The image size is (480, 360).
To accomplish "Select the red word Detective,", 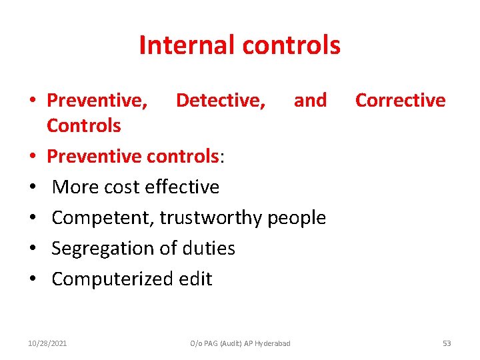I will pos(220,100).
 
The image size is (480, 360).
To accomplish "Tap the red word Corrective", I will pos(400,100).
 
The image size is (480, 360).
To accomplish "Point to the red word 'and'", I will pos(310,100).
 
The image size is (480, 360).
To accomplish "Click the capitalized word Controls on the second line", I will pos(83,125).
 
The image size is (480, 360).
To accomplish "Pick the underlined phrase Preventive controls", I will pos(133,156).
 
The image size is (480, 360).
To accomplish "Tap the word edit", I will pos(194,279).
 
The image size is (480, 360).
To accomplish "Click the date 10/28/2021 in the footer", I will pos(47,343).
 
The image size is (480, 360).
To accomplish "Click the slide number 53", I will pos(447,343).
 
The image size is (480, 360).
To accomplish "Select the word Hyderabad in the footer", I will pos(273,343).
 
